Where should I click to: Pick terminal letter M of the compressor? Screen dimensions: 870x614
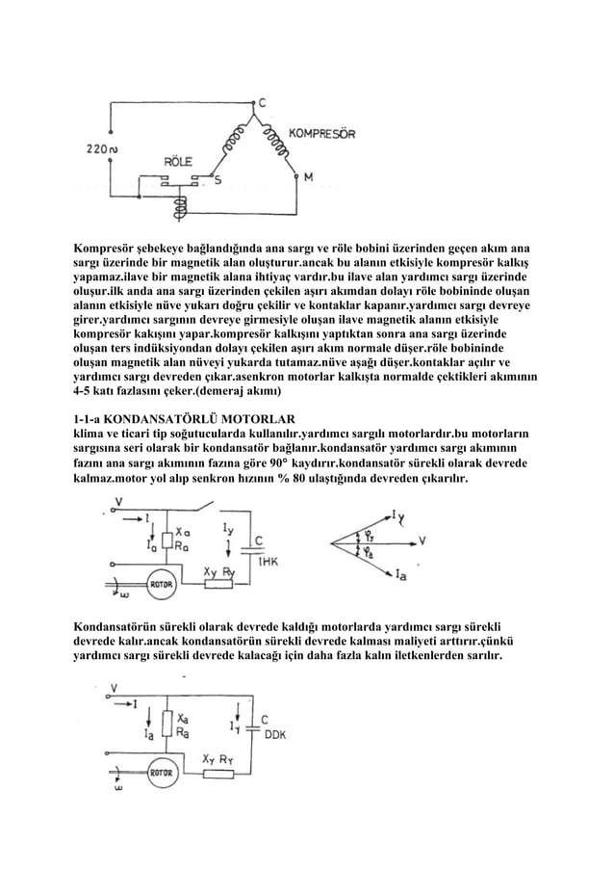308,177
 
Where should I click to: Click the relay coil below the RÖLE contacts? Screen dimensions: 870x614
177,206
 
